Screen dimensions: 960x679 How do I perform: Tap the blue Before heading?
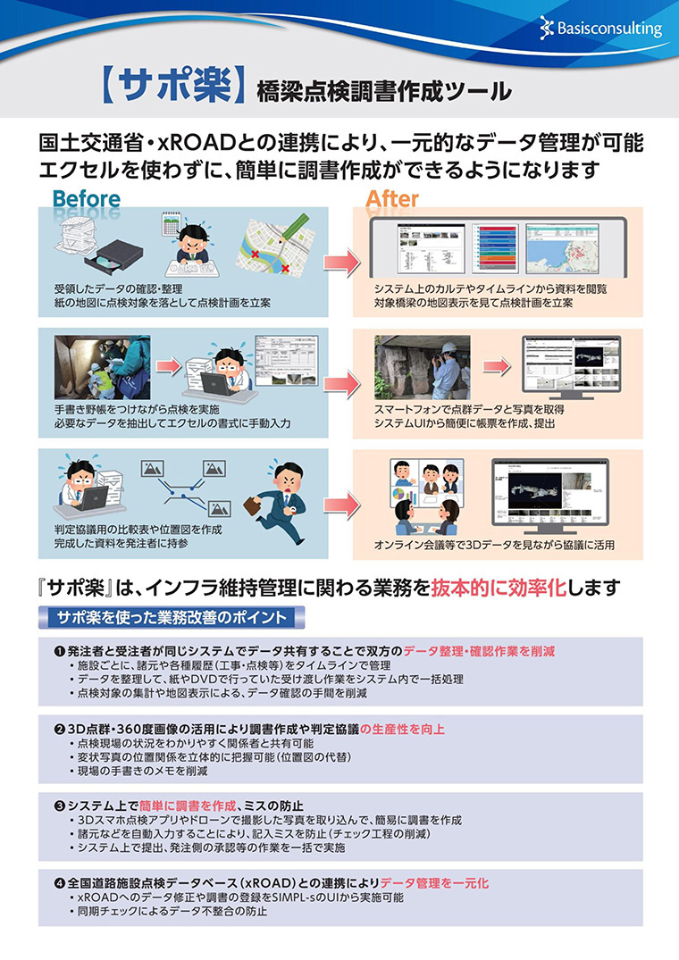(86, 198)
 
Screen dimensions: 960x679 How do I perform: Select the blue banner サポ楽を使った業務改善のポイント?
(172, 617)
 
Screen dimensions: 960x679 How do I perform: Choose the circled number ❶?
(60, 651)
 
